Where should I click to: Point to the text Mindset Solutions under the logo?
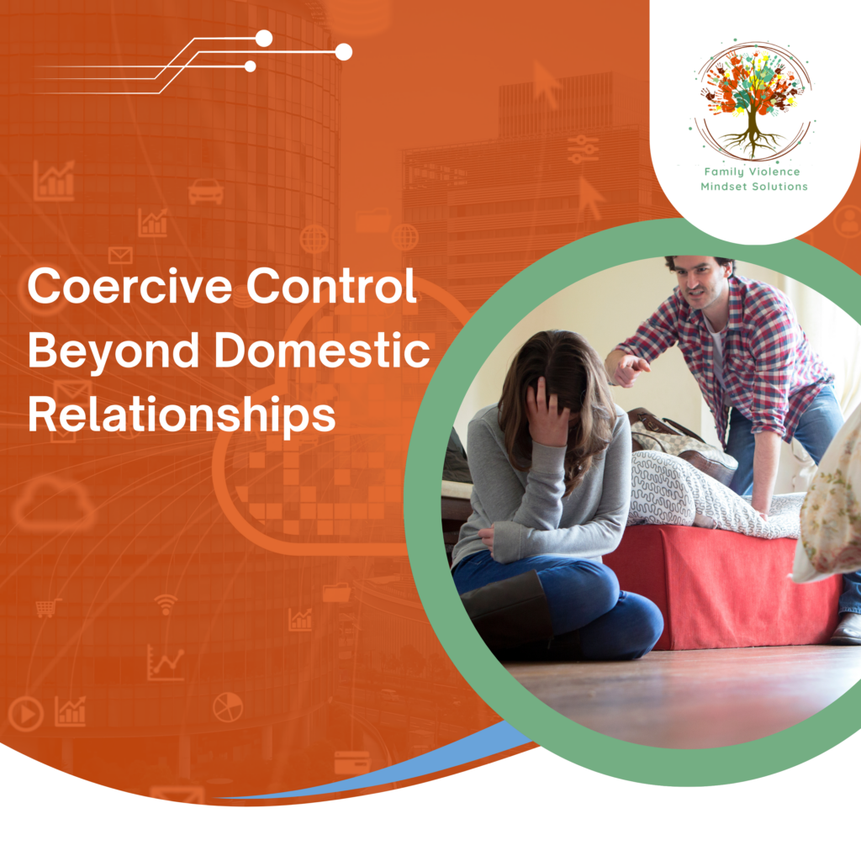[753, 186]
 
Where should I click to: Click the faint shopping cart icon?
[48, 607]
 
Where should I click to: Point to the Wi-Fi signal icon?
[166, 603]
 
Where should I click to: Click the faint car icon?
[206, 192]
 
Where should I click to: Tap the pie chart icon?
[227, 707]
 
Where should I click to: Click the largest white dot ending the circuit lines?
[343, 52]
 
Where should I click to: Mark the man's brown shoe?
[846, 628]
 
